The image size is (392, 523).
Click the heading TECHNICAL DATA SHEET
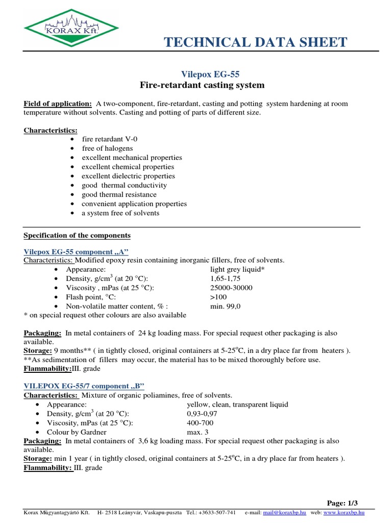[x=256, y=42]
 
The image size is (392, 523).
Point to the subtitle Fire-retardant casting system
[x=203, y=85]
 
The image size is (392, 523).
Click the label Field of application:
[x=58, y=104]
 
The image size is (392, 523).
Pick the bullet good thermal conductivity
[x=124, y=185]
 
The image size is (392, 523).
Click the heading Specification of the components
[x=77, y=235]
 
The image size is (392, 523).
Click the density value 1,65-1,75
[x=225, y=278]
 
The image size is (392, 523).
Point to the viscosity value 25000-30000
[x=231, y=288]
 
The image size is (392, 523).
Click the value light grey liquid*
[x=237, y=269]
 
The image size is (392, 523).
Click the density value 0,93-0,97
[x=203, y=413]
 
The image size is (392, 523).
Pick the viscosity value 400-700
[x=200, y=423]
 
